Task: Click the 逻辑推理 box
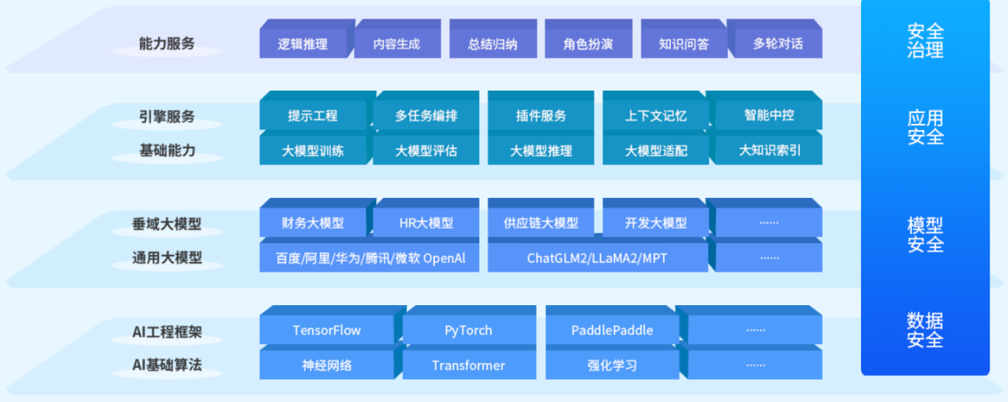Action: pyautogui.click(x=304, y=43)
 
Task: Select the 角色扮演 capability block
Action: pyautogui.click(x=588, y=43)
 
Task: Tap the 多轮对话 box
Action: pyautogui.click(x=778, y=43)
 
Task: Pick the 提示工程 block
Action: pyautogui.click(x=312, y=115)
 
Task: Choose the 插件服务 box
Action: pyautogui.click(x=541, y=115)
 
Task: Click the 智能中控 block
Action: pyautogui.click(x=769, y=115)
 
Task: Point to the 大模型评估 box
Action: pyautogui.click(x=426, y=150)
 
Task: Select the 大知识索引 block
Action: pyautogui.click(x=769, y=150)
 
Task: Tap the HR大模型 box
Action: pyautogui.click(x=426, y=222)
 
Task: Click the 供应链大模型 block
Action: pyautogui.click(x=541, y=222)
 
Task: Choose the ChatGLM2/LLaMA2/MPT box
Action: pyautogui.click(x=598, y=257)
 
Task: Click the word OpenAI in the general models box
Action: pyautogui.click(x=444, y=258)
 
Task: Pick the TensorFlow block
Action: pyautogui.click(x=327, y=330)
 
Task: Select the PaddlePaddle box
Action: pyautogui.click(x=612, y=330)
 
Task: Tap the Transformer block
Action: pyautogui.click(x=469, y=365)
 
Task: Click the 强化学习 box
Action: pyautogui.click(x=612, y=365)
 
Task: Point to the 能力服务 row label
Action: pyautogui.click(x=167, y=44)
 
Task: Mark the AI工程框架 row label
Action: pyautogui.click(x=167, y=332)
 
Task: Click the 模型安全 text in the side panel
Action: pyautogui.click(x=925, y=234)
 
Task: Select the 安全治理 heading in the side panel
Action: pyautogui.click(x=925, y=41)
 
